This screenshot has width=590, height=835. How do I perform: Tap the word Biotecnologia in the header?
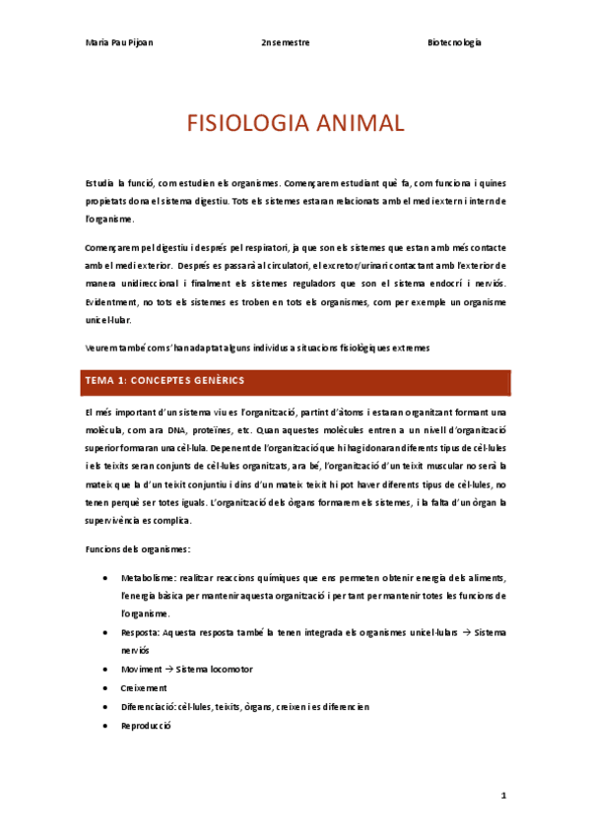click(x=454, y=44)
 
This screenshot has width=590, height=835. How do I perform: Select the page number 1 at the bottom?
click(x=502, y=795)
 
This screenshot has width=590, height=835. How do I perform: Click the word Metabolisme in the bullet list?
click(x=148, y=579)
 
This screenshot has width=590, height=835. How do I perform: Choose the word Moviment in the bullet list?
click(x=142, y=669)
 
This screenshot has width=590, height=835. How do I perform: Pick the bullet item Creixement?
click(x=144, y=687)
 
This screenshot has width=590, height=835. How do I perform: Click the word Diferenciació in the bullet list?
click(x=148, y=706)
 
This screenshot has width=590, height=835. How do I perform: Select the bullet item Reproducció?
click(x=146, y=725)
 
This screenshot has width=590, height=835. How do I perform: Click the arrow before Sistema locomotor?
click(x=169, y=669)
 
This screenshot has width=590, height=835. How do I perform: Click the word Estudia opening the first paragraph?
click(x=99, y=182)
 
